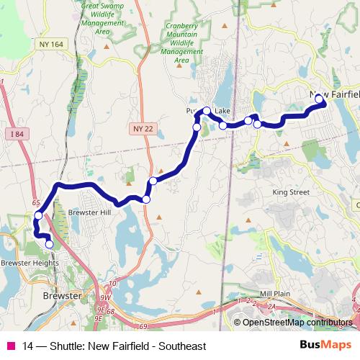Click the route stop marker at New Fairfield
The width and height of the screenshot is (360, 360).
point(319,99)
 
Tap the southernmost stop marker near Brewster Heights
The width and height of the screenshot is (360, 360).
point(49,244)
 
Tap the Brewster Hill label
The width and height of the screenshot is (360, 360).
point(89,213)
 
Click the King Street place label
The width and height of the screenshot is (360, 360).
point(291,193)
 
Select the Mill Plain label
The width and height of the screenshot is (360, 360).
point(274,294)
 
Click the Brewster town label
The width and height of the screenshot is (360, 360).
point(61,296)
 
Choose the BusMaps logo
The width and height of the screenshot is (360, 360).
point(326,346)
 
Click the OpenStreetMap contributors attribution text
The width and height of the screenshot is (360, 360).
point(297,323)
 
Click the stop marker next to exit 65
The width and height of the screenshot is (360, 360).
point(38,215)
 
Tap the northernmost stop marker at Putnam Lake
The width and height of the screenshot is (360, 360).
point(207,111)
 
